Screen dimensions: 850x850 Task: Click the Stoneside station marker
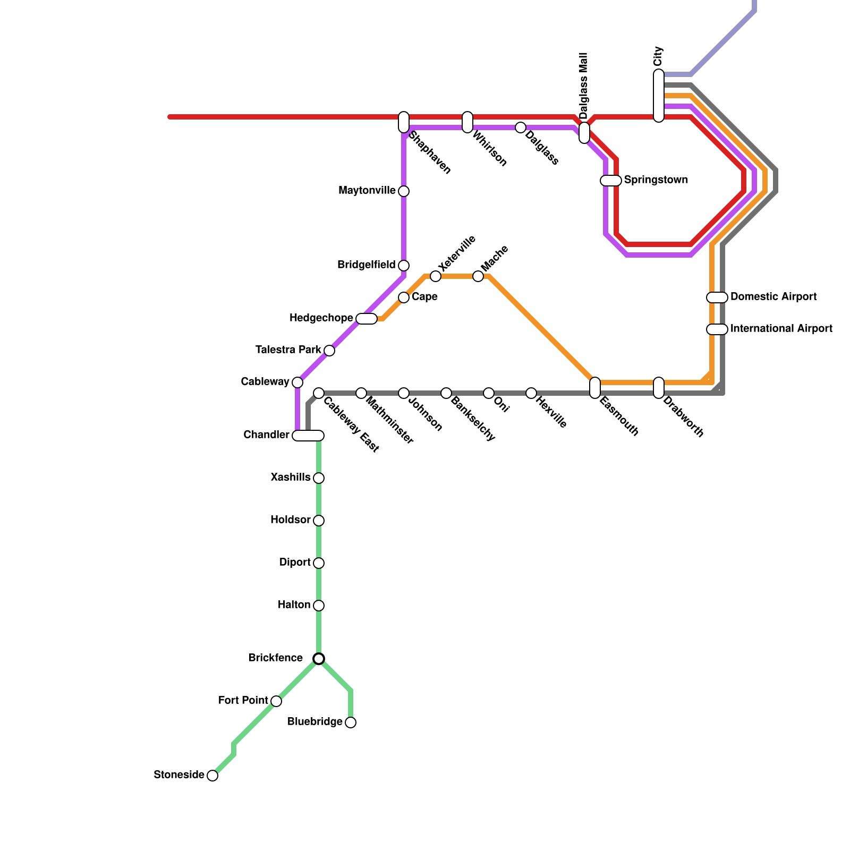pos(212,776)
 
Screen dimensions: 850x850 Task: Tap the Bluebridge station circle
pos(351,722)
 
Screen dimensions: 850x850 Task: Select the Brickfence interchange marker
pos(319,659)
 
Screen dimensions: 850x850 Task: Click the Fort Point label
pos(243,701)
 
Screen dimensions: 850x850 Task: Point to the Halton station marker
pos(319,606)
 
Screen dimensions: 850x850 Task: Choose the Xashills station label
pos(290,478)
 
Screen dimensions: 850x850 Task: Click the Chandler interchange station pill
pos(308,436)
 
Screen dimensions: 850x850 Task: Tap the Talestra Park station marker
pos(329,351)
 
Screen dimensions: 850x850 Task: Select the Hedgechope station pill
pos(367,319)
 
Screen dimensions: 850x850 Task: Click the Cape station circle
pos(404,297)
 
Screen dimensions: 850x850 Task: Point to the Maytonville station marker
pos(404,191)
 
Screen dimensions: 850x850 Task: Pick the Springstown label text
pos(656,180)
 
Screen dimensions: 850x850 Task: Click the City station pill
pos(659,96)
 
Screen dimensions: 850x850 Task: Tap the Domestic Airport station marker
pos(717,297)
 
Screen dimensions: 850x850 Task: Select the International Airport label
pos(781,329)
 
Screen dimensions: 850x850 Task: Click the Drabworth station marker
pos(659,388)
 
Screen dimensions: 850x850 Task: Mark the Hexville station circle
pos(531,393)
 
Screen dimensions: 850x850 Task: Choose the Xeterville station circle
pos(436,276)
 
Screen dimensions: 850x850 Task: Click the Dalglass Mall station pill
pos(584,133)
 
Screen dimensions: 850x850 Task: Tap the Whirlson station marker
pos(467,122)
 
